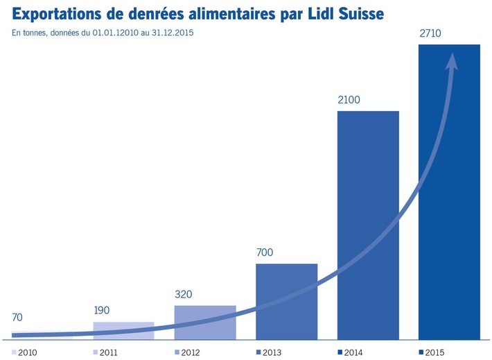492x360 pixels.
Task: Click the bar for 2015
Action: pos(449,208)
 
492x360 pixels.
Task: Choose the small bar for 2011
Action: pos(123,330)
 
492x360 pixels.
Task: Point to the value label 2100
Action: pos(349,100)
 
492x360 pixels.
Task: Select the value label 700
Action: pos(266,252)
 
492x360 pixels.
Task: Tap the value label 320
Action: pos(184,294)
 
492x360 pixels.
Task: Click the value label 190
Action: pos(103,310)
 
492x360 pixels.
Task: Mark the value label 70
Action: pos(19,318)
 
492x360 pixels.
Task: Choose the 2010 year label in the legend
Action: pos(27,352)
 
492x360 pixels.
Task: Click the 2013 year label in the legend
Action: pos(272,352)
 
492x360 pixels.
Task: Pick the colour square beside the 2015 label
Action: pos(422,352)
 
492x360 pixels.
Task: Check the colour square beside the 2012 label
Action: pos(177,352)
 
